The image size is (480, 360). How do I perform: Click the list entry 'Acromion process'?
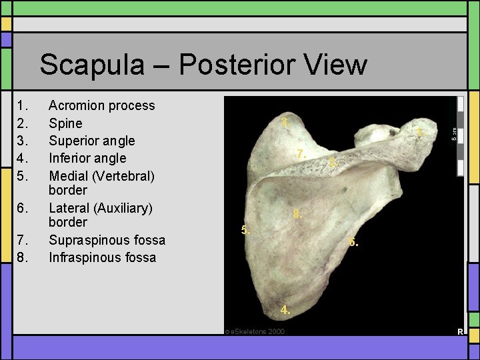[x=101, y=105]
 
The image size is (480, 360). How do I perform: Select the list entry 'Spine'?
[x=65, y=123]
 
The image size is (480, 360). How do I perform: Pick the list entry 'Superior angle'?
[x=91, y=141]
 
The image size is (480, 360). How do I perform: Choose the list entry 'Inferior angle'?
[x=87, y=158]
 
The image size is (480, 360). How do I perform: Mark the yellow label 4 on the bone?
[x=285, y=310]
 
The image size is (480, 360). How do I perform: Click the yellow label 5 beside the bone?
[x=245, y=231]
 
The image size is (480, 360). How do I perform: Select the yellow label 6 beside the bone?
[x=353, y=243]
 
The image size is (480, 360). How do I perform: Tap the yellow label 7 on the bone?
[x=301, y=154]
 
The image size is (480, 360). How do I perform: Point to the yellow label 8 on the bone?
[x=298, y=215]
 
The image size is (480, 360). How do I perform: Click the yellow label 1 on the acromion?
[x=419, y=133]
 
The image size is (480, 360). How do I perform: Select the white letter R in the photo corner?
[x=459, y=331]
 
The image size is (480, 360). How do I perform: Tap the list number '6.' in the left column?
[x=23, y=208]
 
